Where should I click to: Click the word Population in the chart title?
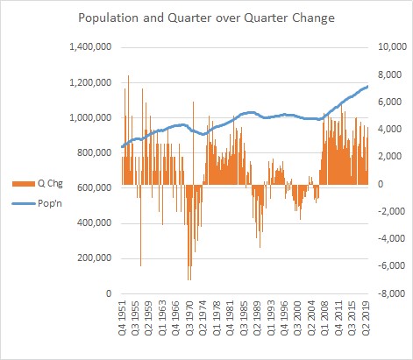click(x=108, y=18)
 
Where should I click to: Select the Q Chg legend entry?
click(x=38, y=183)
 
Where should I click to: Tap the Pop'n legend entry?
click(x=37, y=203)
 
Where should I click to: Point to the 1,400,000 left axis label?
click(x=90, y=46)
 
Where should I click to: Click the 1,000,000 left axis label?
click(x=90, y=117)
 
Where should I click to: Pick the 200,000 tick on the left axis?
click(x=95, y=258)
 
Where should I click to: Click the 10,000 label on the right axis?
click(x=392, y=46)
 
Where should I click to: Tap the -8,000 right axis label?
click(x=391, y=293)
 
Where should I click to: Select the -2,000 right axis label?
click(x=391, y=211)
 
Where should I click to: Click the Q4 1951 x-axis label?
click(x=123, y=317)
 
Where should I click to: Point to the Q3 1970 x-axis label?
click(x=190, y=317)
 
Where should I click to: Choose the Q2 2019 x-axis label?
click(x=366, y=317)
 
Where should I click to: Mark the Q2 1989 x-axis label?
click(x=258, y=317)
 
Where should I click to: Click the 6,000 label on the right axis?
click(x=394, y=102)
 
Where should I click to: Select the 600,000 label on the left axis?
click(x=95, y=187)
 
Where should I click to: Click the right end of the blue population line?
click(x=367, y=87)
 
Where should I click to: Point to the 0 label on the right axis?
click(x=388, y=185)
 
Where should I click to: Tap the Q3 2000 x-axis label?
click(x=298, y=317)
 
